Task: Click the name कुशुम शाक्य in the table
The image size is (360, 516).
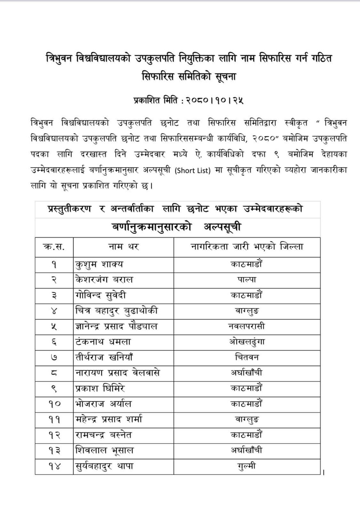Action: (x=99, y=264)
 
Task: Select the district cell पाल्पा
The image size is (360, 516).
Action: (x=247, y=280)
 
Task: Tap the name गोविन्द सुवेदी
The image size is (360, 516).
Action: (x=101, y=295)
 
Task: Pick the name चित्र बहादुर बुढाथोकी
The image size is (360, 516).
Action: (x=117, y=311)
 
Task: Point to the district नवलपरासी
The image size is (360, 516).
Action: (x=247, y=326)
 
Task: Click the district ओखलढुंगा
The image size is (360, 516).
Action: (x=247, y=342)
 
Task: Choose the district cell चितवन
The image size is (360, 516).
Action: (x=247, y=357)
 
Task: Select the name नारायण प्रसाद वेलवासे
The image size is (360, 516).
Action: (x=117, y=373)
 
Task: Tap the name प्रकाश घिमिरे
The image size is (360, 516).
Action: (x=100, y=388)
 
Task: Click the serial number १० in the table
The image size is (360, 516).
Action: (x=54, y=404)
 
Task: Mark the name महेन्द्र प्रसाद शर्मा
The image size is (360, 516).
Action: (x=109, y=420)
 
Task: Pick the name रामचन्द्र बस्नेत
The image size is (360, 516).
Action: (x=104, y=435)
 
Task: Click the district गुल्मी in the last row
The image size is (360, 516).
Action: (x=247, y=466)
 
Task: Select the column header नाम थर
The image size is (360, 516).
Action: (x=123, y=247)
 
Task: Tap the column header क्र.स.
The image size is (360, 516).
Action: (x=54, y=247)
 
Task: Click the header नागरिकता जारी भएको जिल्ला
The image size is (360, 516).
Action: (x=247, y=247)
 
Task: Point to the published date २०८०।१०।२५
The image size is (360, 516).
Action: (x=215, y=101)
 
